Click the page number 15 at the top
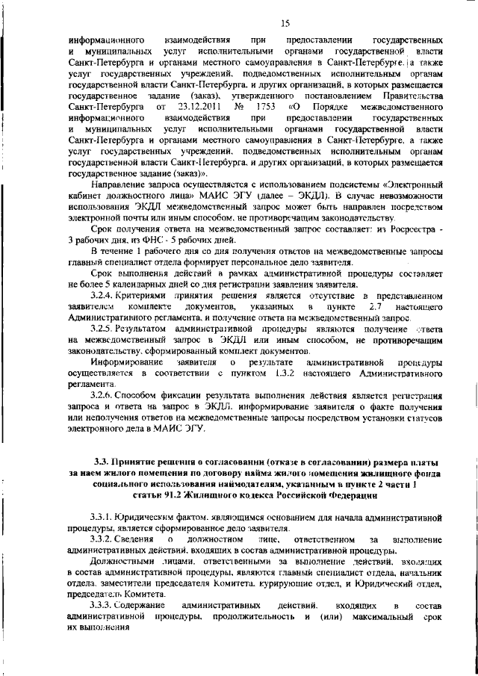click(x=285, y=24)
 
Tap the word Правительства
click(x=412, y=96)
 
